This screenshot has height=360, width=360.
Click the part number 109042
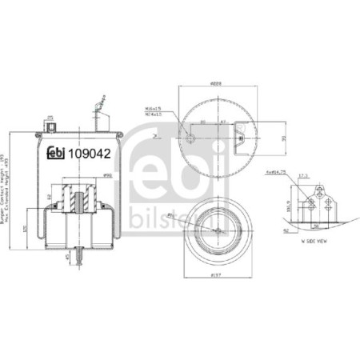pos(90,154)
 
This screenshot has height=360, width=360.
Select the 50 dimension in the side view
pos(317,226)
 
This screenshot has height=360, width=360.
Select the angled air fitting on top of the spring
pos(100,104)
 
